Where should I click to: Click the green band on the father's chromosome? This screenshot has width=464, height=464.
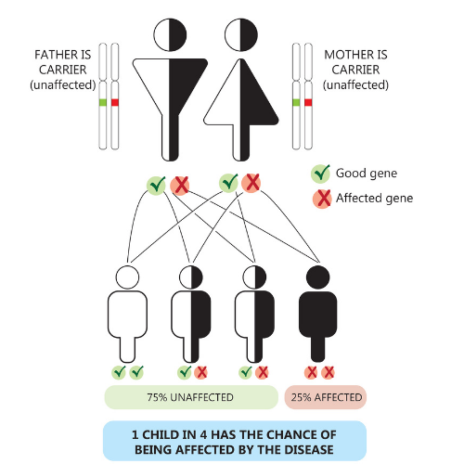pos(103,102)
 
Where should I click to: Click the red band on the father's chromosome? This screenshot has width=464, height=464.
pos(115,102)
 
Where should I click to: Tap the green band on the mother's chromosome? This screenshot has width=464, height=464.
pos(296,102)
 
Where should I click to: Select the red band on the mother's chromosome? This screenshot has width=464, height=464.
pos(308,102)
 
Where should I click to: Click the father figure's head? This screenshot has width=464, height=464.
pos(170,35)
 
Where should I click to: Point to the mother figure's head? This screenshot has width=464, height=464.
pos(241,35)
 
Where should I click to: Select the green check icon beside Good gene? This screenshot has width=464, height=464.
pos(321,174)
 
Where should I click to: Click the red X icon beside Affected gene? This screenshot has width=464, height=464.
pos(322,199)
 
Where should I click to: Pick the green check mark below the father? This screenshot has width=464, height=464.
pos(157,186)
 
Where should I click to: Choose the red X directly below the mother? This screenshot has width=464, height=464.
pos(251,183)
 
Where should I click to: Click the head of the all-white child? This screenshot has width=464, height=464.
pos(127,277)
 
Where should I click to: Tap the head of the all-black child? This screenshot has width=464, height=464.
pos(318,277)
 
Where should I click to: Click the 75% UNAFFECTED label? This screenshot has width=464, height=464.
pos(190,397)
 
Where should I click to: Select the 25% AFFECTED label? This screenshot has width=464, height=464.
pos(327,397)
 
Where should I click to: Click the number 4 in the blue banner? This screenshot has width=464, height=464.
pos(203,435)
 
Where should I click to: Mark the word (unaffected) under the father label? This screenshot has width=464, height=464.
pos(63,84)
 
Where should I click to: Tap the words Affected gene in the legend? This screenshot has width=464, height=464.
pos(375,199)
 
